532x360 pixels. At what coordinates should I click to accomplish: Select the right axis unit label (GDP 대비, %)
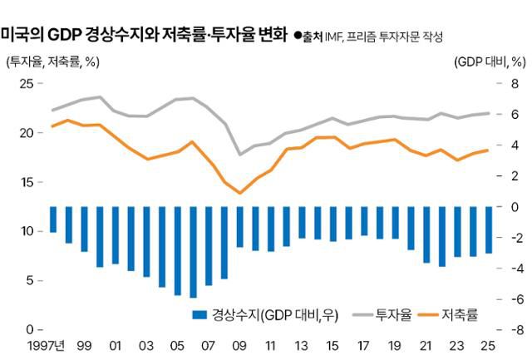pyautogui.click(x=490, y=62)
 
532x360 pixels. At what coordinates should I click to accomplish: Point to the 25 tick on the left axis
pyautogui.click(x=26, y=83)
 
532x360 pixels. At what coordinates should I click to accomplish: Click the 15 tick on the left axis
pyautogui.click(x=26, y=182)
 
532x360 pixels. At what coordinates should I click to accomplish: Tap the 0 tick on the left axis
pyautogui.click(x=29, y=330)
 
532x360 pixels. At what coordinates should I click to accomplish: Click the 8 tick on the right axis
pyautogui.click(x=515, y=83)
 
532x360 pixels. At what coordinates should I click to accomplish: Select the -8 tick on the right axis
pyautogui.click(x=513, y=330)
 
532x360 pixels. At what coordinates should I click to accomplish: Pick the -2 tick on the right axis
pyautogui.click(x=513, y=238)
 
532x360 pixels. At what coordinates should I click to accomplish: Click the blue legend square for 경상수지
pyautogui.click(x=199, y=314)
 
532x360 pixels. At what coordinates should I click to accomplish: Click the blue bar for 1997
pyautogui.click(x=53, y=219)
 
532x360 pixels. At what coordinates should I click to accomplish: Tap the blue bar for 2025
pyautogui.click(x=490, y=229)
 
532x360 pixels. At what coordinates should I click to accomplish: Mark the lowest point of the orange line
pyautogui.click(x=240, y=193)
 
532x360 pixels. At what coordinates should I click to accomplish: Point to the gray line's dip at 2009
pyautogui.click(x=240, y=155)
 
